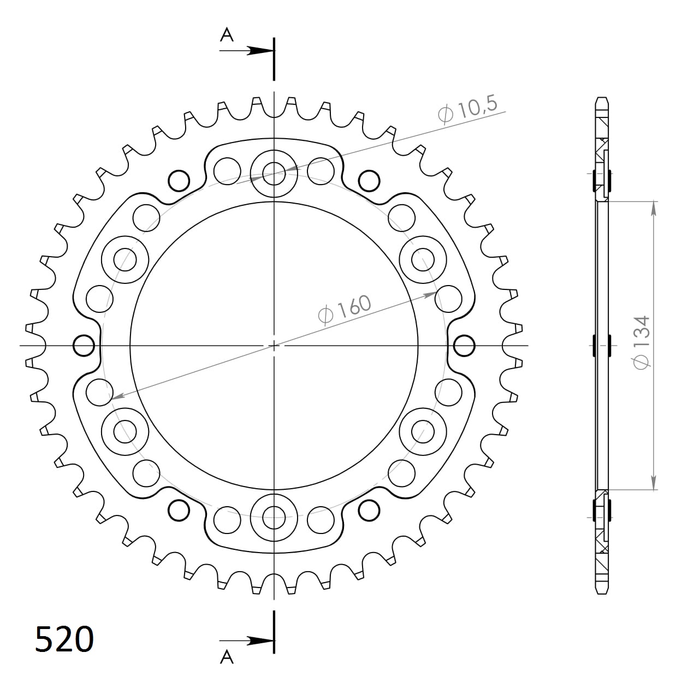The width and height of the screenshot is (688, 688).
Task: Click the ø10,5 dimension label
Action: coord(467,110)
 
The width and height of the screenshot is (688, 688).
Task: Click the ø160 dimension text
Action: coord(344,310)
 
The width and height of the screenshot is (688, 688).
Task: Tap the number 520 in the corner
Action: coord(64,639)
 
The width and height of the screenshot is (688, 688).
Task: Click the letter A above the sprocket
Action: coord(227,35)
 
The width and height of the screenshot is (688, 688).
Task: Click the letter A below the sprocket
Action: coord(227,657)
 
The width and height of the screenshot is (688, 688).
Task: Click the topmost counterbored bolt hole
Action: coord(274,174)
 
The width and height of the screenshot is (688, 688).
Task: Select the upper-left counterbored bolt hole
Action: coord(126,259)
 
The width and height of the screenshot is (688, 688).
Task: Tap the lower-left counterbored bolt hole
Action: coord(126,431)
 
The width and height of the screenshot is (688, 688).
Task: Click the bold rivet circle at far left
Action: coord(83,345)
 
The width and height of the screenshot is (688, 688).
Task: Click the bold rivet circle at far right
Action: coord(464,345)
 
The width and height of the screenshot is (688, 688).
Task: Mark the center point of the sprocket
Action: coord(274,345)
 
